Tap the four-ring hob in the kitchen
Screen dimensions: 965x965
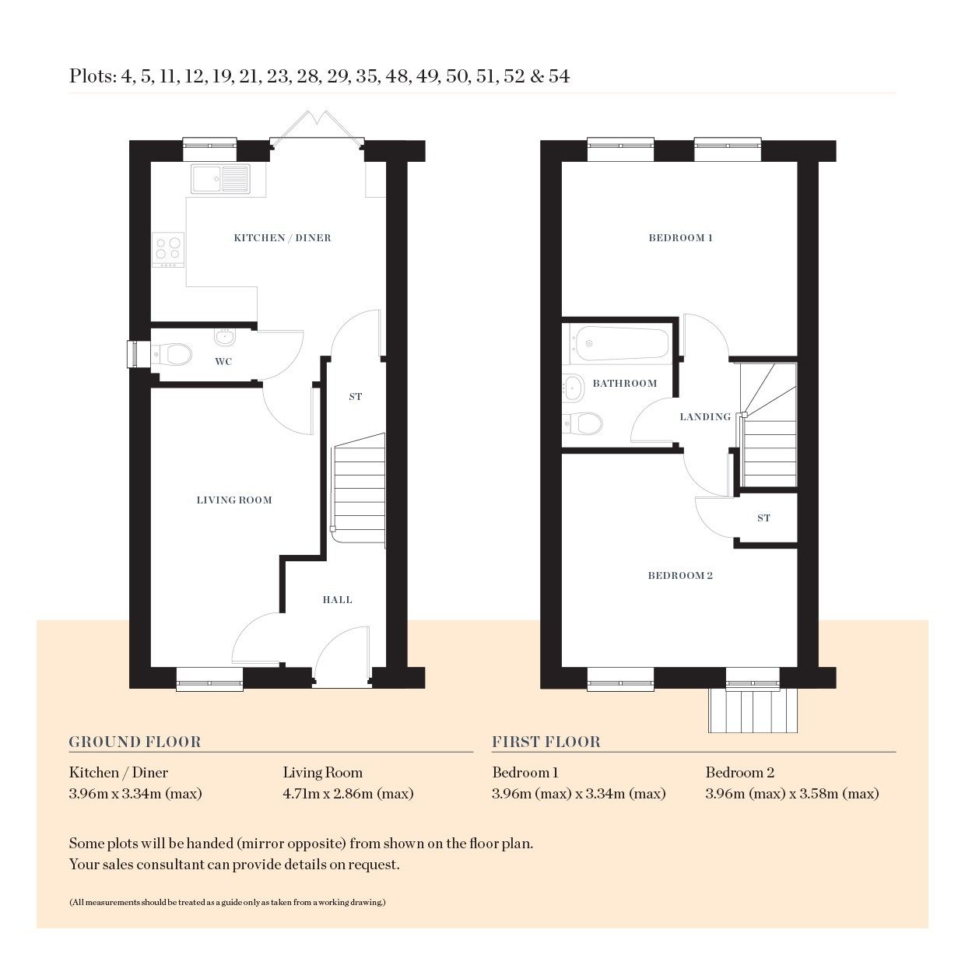click(169, 248)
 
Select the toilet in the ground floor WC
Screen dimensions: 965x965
click(174, 355)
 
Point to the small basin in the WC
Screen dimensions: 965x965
click(224, 338)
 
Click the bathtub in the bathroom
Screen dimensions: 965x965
click(620, 343)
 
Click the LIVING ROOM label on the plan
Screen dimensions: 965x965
click(234, 500)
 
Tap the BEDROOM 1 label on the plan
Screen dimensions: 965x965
click(680, 238)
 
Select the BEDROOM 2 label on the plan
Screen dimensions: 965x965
click(680, 576)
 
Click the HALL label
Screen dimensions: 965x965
click(337, 600)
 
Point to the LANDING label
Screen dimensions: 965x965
click(705, 417)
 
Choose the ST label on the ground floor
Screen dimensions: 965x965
click(355, 397)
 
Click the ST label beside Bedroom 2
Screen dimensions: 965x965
click(763, 518)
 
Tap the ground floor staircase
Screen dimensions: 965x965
click(359, 490)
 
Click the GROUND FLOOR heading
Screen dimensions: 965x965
click(135, 742)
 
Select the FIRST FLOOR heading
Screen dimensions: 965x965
click(546, 742)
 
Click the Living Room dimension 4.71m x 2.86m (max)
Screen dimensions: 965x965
click(348, 794)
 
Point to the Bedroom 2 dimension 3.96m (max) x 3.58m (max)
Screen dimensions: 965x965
click(791, 794)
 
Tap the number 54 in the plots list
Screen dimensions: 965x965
click(559, 76)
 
